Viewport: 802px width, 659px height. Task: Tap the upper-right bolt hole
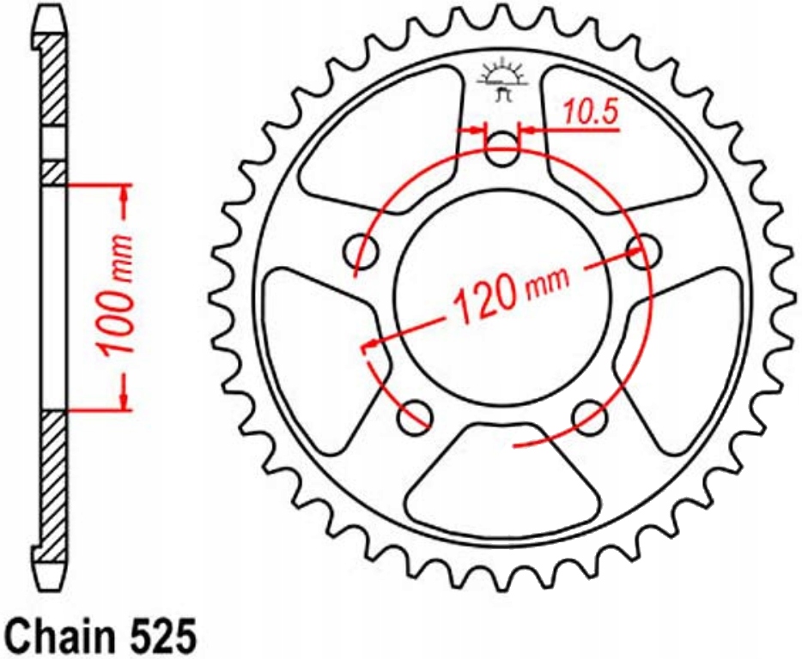point(643,251)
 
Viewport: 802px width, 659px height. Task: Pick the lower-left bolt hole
point(416,417)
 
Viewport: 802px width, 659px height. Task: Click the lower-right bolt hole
point(590,417)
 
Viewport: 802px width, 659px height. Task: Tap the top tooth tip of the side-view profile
point(50,22)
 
